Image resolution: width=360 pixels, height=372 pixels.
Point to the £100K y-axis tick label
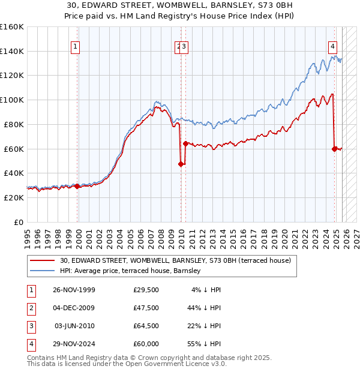pyautogui.click(x=11, y=100)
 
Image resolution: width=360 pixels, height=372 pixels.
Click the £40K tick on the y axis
pyautogui.click(x=13, y=173)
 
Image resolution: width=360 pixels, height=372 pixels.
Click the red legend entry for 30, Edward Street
pyautogui.click(x=175, y=260)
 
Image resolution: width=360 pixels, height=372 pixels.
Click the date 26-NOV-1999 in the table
pyautogui.click(x=73, y=290)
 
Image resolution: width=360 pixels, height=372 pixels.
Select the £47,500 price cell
pyautogui.click(x=146, y=308)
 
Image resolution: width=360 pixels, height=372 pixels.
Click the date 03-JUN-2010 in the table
pyautogui.click(x=74, y=326)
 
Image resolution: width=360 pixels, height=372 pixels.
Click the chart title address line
pyautogui.click(x=179, y=5)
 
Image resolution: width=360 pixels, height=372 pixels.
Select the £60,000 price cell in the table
pyautogui.click(x=146, y=344)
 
